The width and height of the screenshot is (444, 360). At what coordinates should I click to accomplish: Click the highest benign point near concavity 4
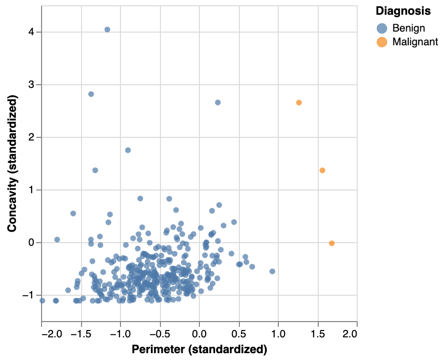[x=107, y=29]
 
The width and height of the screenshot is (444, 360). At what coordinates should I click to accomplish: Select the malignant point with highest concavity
[x=299, y=103]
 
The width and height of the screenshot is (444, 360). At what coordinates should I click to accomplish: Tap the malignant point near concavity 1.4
[x=322, y=170]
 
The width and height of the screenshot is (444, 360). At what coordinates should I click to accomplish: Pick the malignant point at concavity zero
[x=331, y=243]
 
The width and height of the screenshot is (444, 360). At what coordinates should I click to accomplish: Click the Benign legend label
[x=408, y=28]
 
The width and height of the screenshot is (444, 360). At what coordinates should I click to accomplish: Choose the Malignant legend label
[x=415, y=43]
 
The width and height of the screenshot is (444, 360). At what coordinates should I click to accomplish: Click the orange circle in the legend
[x=382, y=43]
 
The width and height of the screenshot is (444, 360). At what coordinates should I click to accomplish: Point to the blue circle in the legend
[x=382, y=28]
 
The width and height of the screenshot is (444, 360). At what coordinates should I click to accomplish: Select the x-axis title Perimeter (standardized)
[x=199, y=349]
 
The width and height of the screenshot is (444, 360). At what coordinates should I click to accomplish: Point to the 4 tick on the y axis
[x=32, y=32]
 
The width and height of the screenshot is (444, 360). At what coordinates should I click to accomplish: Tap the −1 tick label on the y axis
[x=29, y=295]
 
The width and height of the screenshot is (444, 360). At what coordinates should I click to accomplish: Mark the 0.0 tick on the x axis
[x=199, y=334]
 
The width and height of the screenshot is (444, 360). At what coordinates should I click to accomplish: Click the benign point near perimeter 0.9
[x=273, y=272]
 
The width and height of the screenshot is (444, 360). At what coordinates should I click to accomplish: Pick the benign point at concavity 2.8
[x=91, y=94]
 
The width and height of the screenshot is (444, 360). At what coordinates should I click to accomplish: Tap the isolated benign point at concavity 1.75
[x=128, y=150]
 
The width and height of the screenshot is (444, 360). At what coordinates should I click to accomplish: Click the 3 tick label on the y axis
[x=32, y=85]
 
